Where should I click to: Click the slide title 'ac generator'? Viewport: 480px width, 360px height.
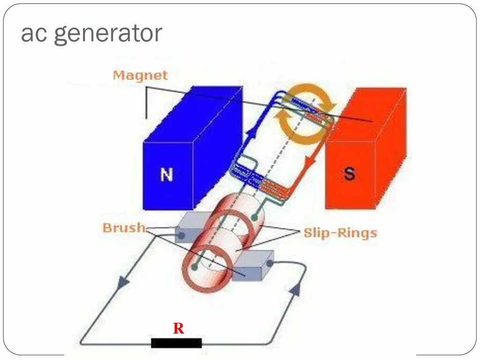tap(91, 34)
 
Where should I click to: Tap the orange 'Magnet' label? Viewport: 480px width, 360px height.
tap(140, 75)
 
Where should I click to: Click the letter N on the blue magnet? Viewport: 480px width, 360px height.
tap(167, 175)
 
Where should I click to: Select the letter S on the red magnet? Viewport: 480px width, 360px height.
tap(349, 174)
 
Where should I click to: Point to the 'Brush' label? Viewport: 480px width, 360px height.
tap(124, 228)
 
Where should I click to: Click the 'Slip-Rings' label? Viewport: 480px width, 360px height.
tap(340, 232)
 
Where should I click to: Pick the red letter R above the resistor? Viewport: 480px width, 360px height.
tap(178, 329)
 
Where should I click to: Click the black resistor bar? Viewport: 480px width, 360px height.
tap(176, 343)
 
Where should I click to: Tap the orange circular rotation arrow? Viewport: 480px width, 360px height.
tap(306, 114)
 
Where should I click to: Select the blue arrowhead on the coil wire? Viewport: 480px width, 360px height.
tap(247, 133)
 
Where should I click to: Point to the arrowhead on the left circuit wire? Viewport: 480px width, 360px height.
tap(123, 282)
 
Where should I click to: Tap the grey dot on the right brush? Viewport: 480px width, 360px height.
tap(270, 263)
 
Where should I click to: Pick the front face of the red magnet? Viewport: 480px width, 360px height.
tap(350, 174)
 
